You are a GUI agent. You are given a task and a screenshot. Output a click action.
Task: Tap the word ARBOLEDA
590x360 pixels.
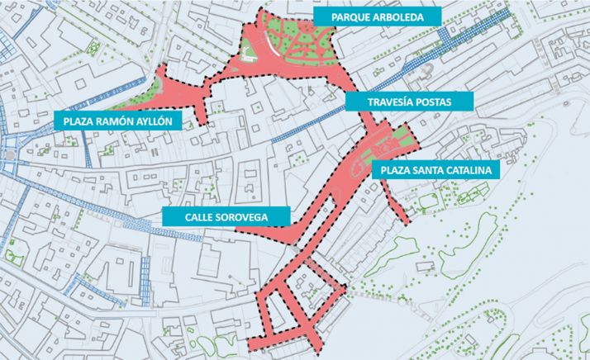click(402, 17)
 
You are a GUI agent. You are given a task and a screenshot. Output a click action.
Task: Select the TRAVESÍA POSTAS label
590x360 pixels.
click(408, 102)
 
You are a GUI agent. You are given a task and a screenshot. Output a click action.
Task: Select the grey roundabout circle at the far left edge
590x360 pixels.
click(8, 154)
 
